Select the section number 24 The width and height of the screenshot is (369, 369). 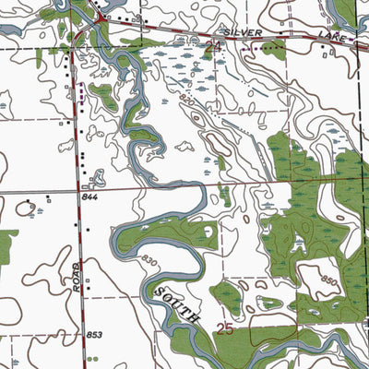215,43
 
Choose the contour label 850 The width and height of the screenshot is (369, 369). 329,279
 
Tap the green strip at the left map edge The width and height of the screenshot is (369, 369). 6,244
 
